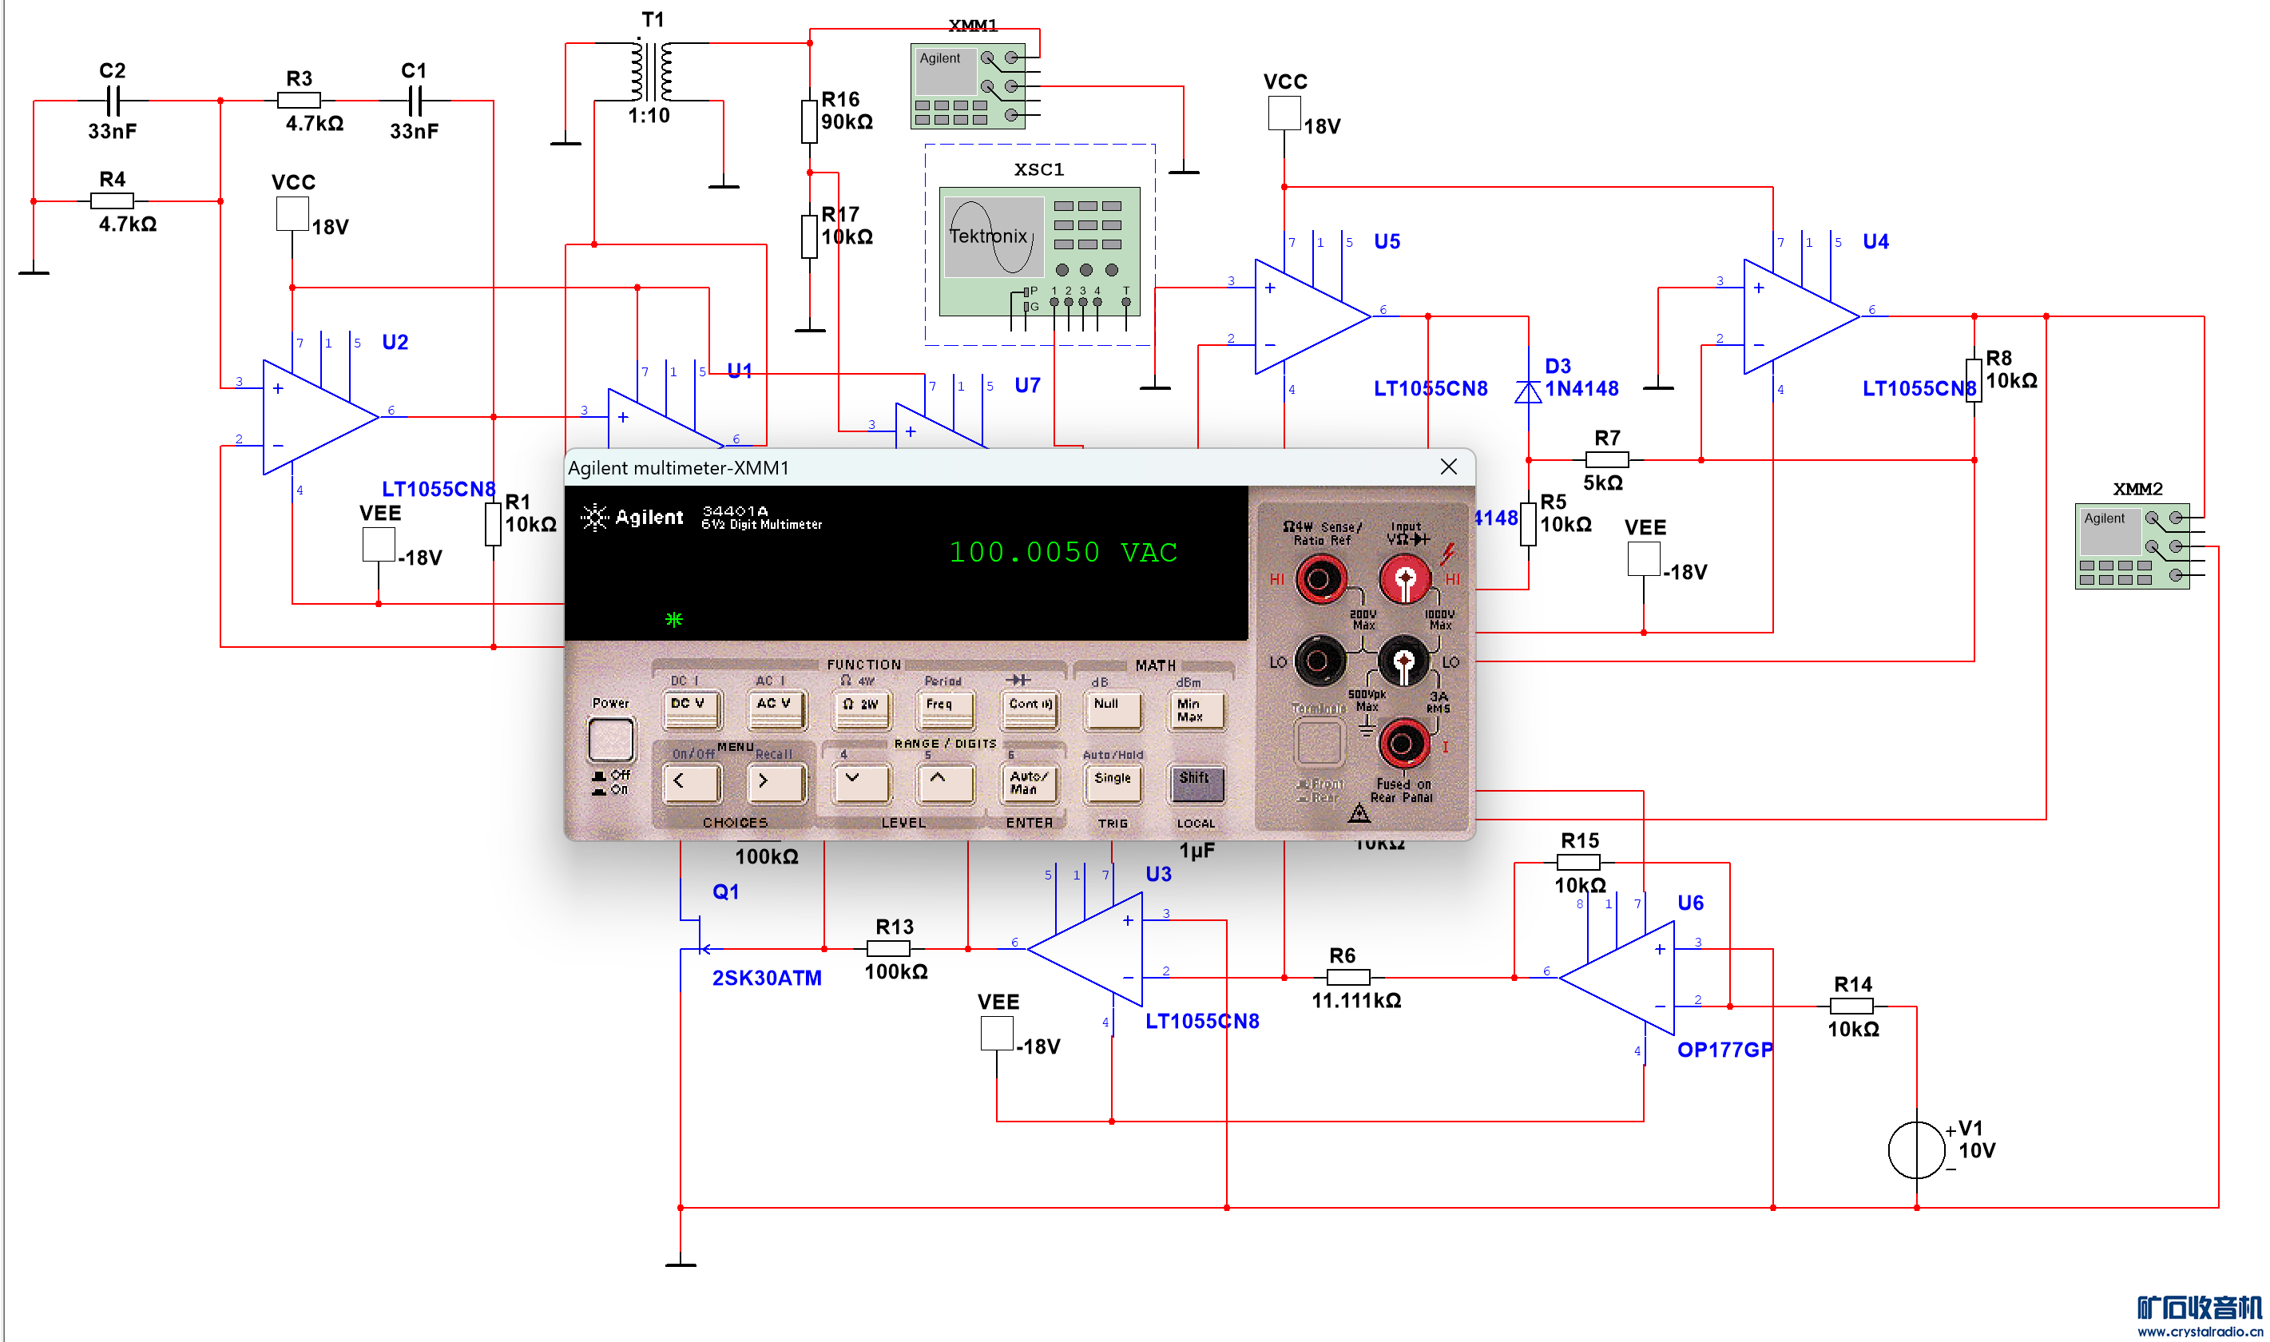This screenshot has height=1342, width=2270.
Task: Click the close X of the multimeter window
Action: (1448, 467)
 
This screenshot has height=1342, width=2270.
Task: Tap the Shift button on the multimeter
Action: (1196, 782)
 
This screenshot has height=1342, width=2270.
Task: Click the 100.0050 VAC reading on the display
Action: (1063, 552)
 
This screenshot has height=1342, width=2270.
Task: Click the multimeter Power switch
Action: (611, 739)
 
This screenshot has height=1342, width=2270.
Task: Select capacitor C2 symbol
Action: (113, 101)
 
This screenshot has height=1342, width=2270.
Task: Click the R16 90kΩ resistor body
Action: (809, 121)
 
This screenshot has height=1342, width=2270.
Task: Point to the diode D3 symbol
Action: (1528, 391)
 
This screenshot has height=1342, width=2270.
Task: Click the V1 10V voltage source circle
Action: (1916, 1149)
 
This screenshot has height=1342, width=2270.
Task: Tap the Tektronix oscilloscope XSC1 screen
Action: (992, 237)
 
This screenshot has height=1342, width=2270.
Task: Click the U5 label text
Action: (1387, 241)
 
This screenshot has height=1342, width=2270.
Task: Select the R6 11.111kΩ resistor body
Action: (1348, 977)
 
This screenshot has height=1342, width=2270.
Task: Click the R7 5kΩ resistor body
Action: (1606, 459)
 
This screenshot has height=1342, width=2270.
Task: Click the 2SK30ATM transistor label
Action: (767, 978)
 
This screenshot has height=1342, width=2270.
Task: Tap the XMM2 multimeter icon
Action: (2132, 546)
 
